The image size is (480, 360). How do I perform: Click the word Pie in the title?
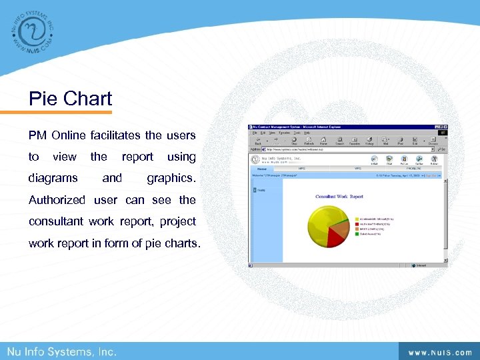[x=42, y=99]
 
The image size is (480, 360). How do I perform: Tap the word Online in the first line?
[x=69, y=135]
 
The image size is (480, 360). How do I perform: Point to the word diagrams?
[x=53, y=178]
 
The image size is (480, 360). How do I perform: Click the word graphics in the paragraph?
[x=171, y=178]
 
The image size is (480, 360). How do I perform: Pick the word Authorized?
[x=57, y=199]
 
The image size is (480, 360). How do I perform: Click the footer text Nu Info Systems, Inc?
[x=62, y=351]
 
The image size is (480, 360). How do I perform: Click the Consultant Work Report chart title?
[x=339, y=197]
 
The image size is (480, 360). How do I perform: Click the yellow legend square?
[x=357, y=218]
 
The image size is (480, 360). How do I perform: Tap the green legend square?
[x=357, y=229]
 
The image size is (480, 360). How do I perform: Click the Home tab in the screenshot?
[x=262, y=169]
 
